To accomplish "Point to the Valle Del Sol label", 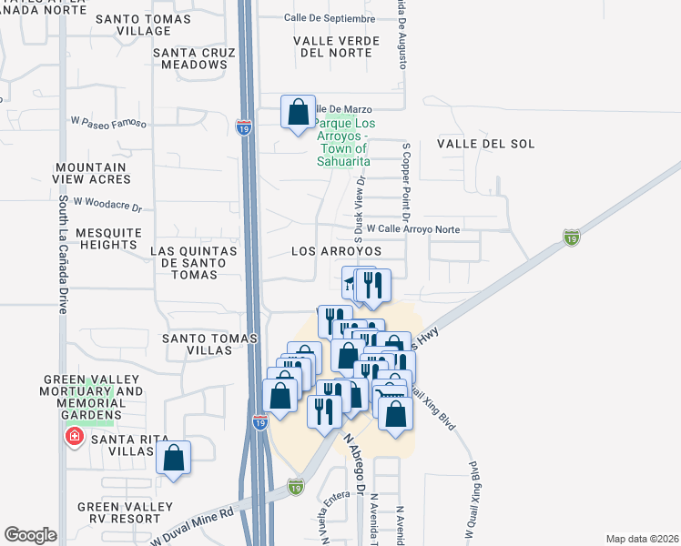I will (x=485, y=144).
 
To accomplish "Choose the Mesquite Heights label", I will (x=107, y=238).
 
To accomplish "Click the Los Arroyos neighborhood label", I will (x=336, y=250).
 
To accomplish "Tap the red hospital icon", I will (x=71, y=439).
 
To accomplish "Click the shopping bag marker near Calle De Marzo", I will (x=298, y=113).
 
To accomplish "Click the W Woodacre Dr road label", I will (x=108, y=204).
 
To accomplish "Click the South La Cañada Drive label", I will (x=63, y=254).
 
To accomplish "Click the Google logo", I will (x=30, y=535).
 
